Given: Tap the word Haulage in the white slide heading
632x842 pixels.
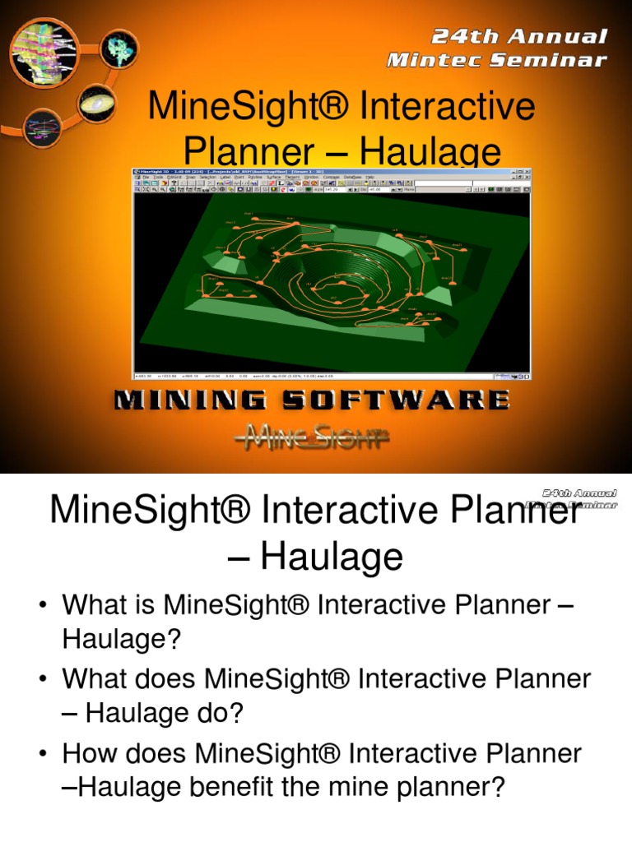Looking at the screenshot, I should click(x=332, y=557).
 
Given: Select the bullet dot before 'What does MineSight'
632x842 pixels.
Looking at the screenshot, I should click(x=41, y=680).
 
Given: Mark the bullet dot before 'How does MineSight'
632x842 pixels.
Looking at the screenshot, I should click(x=41, y=753).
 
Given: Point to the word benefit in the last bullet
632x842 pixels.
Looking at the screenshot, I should click(x=245, y=788).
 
